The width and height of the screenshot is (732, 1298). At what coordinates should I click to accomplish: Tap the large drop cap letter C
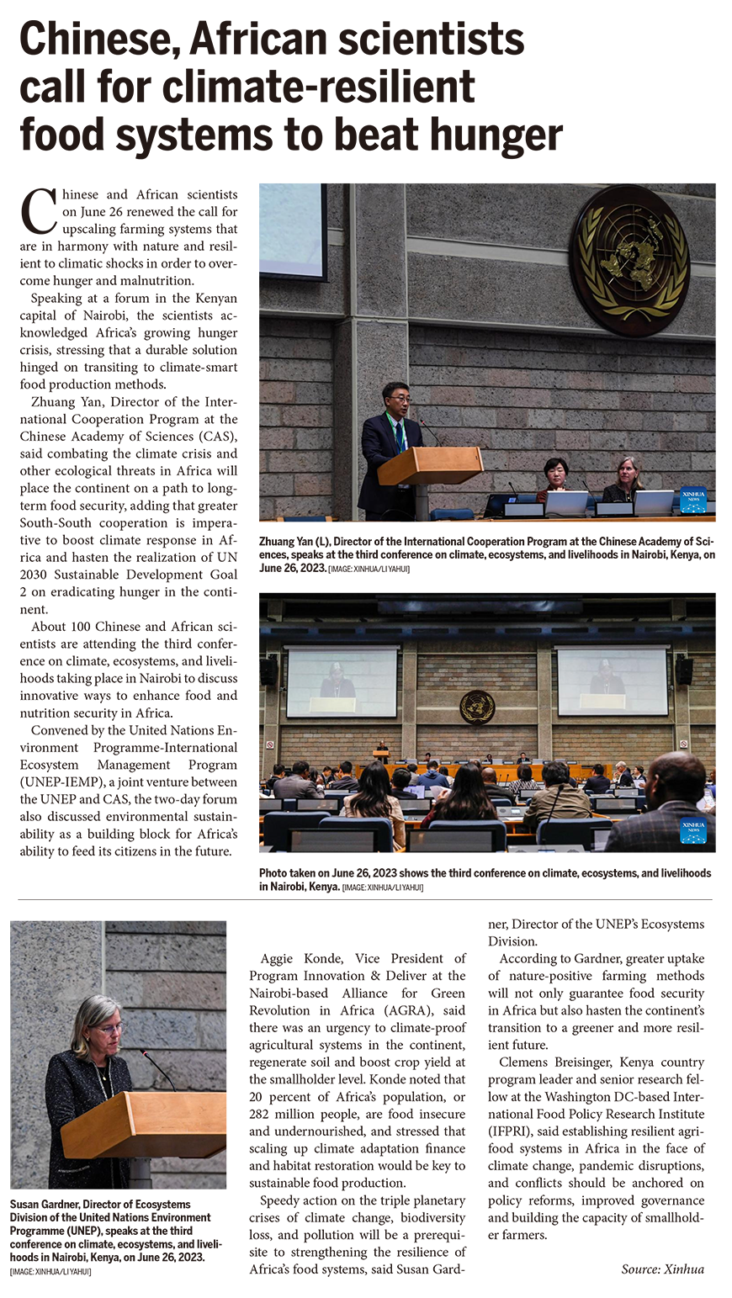point(38,211)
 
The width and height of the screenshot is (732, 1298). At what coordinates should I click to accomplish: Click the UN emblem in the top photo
point(629,260)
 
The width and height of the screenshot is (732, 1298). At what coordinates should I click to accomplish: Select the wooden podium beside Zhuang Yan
point(429,466)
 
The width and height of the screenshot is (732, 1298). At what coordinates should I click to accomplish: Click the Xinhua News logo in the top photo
point(693,500)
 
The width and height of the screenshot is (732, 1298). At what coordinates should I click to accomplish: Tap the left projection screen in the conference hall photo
point(341,681)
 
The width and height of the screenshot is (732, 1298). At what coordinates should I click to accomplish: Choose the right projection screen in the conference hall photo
point(612,681)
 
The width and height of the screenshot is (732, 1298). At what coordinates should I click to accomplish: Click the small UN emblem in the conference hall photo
point(477,707)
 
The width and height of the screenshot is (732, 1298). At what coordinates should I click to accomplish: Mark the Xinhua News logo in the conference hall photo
point(693,830)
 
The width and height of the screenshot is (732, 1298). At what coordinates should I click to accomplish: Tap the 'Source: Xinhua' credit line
point(662,1269)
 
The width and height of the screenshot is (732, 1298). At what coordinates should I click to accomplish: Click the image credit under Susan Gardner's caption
point(50,1271)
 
